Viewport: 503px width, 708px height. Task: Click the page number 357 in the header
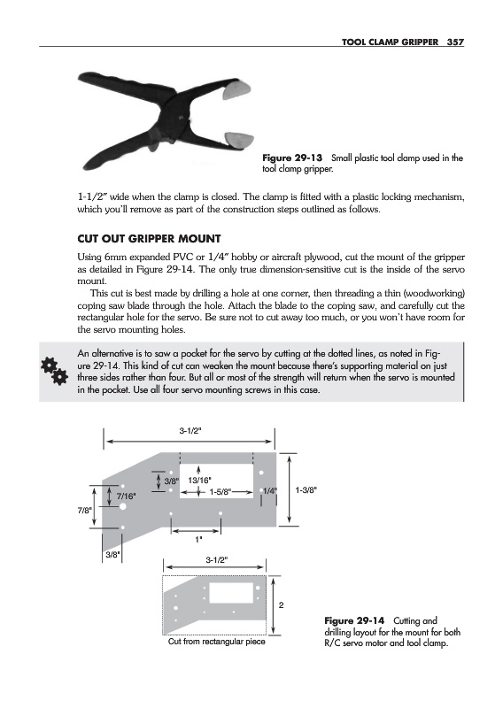[x=455, y=42]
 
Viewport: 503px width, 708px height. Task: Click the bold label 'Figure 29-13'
[x=292, y=158]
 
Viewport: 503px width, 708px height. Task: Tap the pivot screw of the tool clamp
[x=182, y=119]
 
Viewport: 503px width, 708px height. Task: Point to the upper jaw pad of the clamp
[x=236, y=91]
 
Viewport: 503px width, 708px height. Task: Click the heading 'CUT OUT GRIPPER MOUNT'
[x=149, y=238]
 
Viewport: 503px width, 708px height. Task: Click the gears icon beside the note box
[x=54, y=371]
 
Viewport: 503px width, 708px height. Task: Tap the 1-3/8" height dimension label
[x=306, y=489]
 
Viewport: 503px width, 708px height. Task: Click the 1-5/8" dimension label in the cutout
[x=221, y=491]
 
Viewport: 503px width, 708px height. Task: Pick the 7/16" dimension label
[x=126, y=496]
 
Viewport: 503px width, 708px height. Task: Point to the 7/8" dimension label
[x=84, y=511]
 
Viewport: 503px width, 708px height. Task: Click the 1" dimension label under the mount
[x=198, y=539]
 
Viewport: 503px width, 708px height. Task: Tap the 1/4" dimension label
[x=270, y=491]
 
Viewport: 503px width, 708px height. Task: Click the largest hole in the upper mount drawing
[x=122, y=507]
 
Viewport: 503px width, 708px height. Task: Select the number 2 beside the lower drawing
[x=281, y=605]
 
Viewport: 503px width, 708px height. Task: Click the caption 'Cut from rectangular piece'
[x=216, y=642]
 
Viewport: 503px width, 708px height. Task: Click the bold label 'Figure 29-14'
[x=354, y=620]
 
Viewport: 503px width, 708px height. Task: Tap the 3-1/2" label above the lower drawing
[x=217, y=560]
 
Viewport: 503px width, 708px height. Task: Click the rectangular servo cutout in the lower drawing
[x=231, y=593]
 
